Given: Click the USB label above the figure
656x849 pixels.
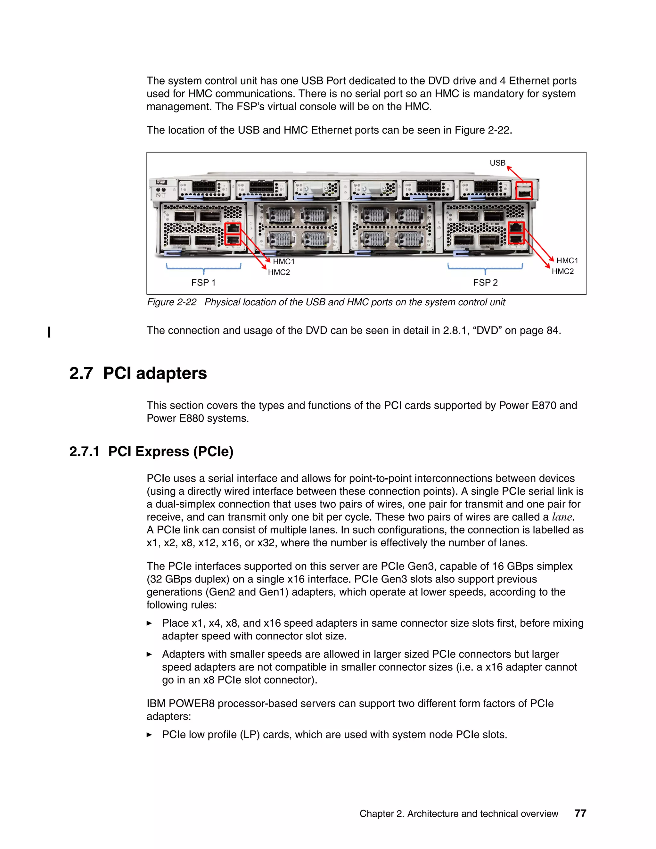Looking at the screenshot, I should (497, 163).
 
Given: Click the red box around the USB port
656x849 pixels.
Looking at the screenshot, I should (523, 191).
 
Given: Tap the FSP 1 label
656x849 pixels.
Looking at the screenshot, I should (203, 283).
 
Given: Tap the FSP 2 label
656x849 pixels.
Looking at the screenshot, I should (485, 283).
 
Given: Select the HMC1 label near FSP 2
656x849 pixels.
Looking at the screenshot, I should (567, 260).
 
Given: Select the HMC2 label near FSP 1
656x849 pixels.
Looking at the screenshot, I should (279, 272).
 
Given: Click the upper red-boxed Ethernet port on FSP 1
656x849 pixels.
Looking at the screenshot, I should (233, 228).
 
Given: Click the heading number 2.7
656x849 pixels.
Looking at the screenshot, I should (81, 374).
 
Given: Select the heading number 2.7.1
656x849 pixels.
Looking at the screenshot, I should (84, 452).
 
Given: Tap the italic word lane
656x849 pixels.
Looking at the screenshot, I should (562, 517).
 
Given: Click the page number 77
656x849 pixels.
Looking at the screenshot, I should (580, 813).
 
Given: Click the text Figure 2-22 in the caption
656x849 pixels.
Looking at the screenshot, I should (171, 302).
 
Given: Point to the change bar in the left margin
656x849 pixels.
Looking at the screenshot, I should (49, 332).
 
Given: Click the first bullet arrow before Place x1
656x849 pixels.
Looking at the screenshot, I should (149, 623).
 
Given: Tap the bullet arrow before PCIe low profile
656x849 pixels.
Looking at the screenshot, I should (149, 735).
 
